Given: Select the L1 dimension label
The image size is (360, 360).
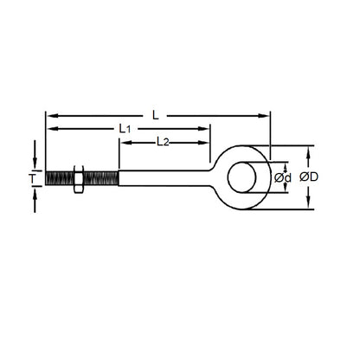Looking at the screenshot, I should click(125, 129).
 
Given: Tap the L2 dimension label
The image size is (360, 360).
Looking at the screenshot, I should click(163, 141).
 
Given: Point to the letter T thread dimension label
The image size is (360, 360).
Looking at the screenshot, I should click(33, 179).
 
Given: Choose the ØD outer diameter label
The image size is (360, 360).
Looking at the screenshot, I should click(310, 177).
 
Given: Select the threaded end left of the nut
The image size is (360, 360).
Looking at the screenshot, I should click(57, 179).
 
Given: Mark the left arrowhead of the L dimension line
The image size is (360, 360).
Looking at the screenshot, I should click(50, 114).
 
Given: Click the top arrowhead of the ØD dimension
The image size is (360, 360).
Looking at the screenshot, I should click(310, 154).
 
